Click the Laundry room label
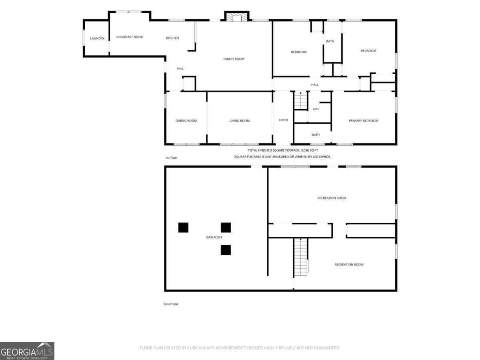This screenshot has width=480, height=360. click(97, 38)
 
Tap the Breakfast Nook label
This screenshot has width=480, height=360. click(130, 37)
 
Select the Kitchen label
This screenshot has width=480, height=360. click(172, 38)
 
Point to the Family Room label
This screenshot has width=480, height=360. click(234, 59)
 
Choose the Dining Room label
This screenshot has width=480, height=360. click(186, 121)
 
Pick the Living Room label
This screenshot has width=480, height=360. click(240, 121)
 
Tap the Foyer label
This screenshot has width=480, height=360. click(283, 120)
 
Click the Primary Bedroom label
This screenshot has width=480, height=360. click(363, 121)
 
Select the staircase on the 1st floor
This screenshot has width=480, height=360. click(301, 100)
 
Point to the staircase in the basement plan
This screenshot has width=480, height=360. click(301, 257)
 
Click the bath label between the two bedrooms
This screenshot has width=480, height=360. click(330, 41)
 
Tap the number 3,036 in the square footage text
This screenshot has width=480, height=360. click(306, 150)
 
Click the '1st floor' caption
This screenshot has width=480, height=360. click(171, 158)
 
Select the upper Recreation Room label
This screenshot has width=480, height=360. click(332, 198)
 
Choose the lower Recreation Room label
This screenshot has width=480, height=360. click(349, 264)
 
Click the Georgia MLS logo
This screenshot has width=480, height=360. click(27, 351)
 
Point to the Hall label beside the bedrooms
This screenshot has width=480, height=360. click(315, 84)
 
